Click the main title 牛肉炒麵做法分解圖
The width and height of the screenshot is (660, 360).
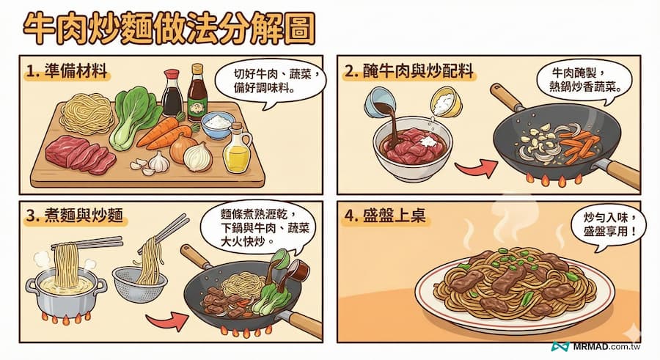pyautogui.click(x=169, y=29)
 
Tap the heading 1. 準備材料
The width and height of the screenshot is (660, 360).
pyautogui.click(x=67, y=71)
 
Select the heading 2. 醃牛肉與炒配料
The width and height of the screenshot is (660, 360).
pyautogui.click(x=408, y=71)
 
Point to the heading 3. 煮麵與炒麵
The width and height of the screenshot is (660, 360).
pyautogui.click(x=74, y=216)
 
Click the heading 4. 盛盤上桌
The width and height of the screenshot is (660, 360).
pyautogui.click(x=385, y=216)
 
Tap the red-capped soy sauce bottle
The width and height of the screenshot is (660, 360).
pyautogui.click(x=172, y=92)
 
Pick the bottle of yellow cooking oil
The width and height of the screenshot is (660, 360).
pyautogui.click(x=238, y=148)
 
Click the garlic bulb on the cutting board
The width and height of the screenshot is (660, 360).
pyautogui.click(x=159, y=162)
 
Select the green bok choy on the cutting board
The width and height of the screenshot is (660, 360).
pyautogui.click(x=133, y=118)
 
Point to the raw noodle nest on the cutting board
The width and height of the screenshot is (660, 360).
pyautogui.click(x=87, y=112)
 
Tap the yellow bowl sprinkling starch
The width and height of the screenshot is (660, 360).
pyautogui.click(x=447, y=101)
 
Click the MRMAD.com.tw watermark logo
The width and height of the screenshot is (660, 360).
pyautogui.click(x=596, y=347)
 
